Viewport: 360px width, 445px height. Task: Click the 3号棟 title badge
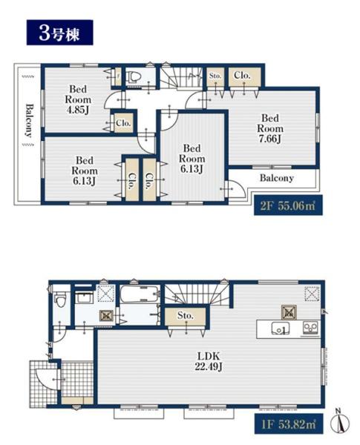coord(59,33)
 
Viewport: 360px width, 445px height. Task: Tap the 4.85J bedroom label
coord(78,99)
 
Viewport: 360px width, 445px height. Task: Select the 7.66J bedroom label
coord(270,128)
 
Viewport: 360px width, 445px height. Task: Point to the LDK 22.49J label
coord(209,362)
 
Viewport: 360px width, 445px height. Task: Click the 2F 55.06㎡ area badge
coord(288,205)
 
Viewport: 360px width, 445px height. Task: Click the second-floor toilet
coord(134,76)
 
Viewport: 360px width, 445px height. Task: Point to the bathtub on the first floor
coord(139,294)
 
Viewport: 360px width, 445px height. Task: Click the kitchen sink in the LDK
coord(281,329)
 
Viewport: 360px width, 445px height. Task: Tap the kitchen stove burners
coord(311,329)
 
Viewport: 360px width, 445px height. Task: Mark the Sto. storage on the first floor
coord(186,315)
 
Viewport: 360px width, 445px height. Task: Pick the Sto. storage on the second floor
coord(215,76)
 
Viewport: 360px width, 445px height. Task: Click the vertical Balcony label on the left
coord(29,121)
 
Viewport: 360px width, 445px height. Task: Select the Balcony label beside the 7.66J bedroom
coord(276,178)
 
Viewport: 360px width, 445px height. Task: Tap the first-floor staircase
coord(196,294)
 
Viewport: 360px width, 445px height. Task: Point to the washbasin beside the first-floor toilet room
coord(84,298)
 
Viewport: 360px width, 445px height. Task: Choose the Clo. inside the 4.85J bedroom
coord(123,123)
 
